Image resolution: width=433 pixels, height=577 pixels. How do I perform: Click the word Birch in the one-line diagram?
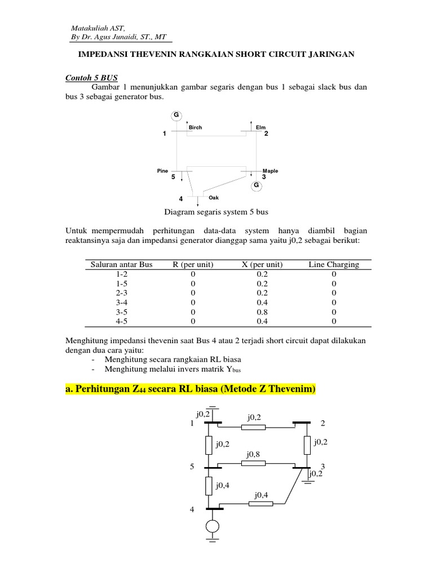point(195,128)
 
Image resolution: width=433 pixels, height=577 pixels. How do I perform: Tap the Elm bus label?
point(260,128)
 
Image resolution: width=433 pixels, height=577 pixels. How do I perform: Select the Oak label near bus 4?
point(214,198)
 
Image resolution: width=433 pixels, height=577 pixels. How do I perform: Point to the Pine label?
point(163,170)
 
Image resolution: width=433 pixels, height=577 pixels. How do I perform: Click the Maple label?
point(270,171)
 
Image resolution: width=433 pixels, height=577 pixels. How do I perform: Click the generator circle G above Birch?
point(176,115)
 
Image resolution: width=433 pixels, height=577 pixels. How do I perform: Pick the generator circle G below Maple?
point(256,185)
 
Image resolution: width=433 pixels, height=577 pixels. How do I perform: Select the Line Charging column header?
point(334,264)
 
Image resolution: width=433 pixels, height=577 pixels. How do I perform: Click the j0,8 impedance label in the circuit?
point(254,454)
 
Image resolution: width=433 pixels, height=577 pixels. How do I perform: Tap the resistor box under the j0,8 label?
point(253,464)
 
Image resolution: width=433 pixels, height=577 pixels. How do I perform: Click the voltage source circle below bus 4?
point(213,526)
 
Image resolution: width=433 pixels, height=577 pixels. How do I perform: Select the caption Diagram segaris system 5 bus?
point(216,212)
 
